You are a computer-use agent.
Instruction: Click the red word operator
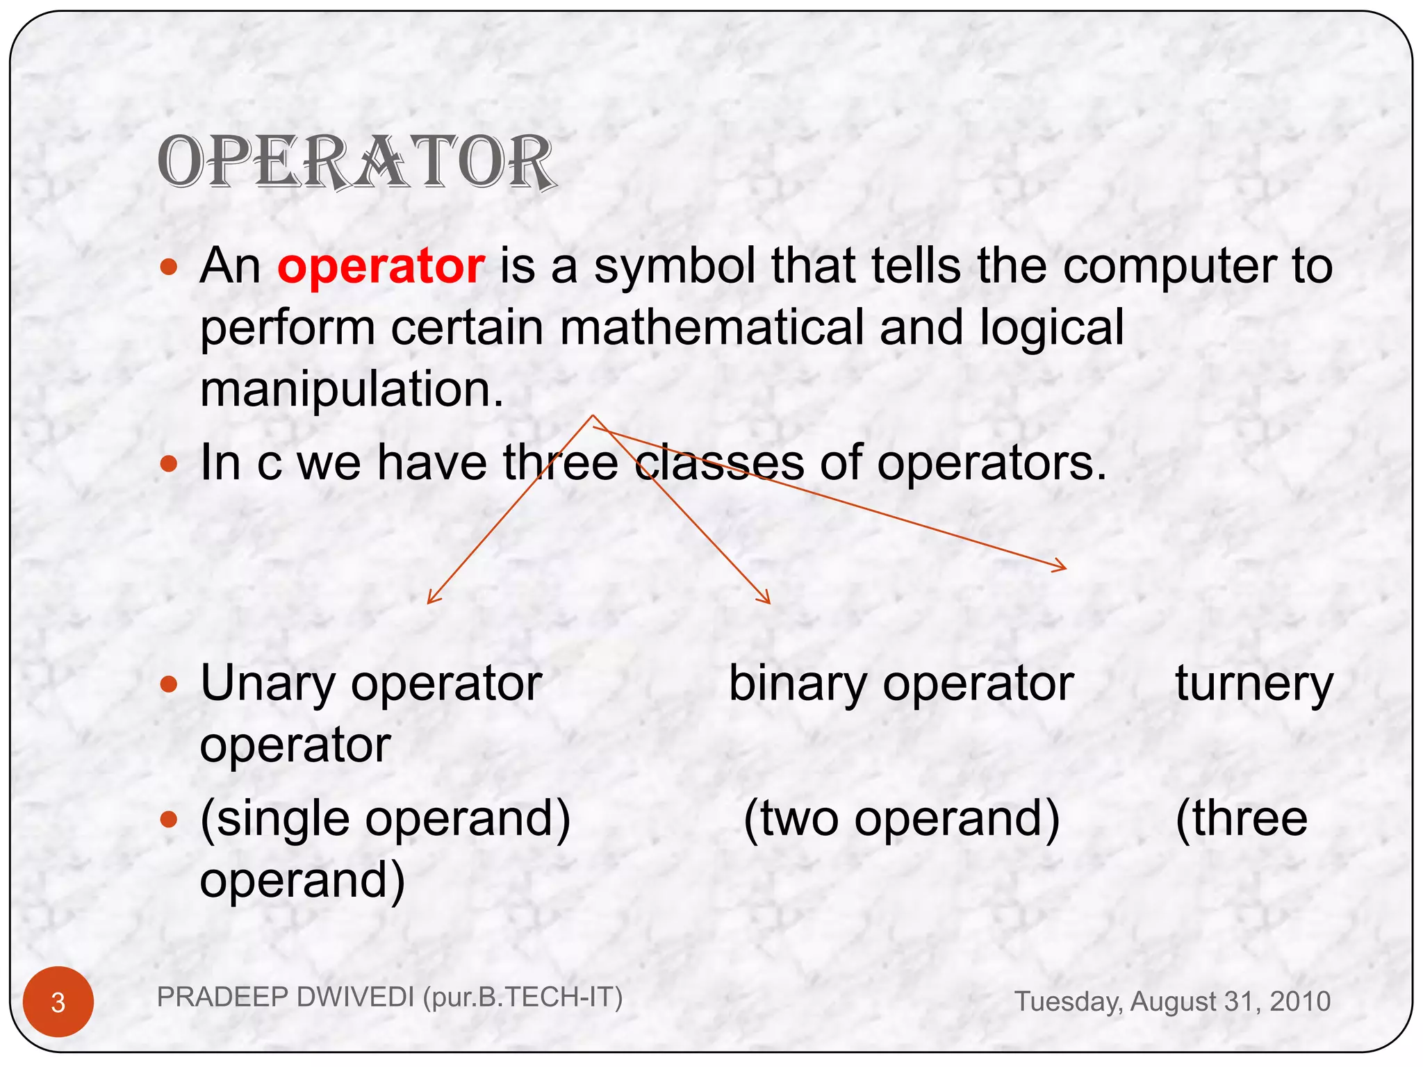coord(381,266)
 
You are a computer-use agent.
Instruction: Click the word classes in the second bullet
coord(719,463)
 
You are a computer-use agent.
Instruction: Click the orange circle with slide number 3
coord(58,1002)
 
